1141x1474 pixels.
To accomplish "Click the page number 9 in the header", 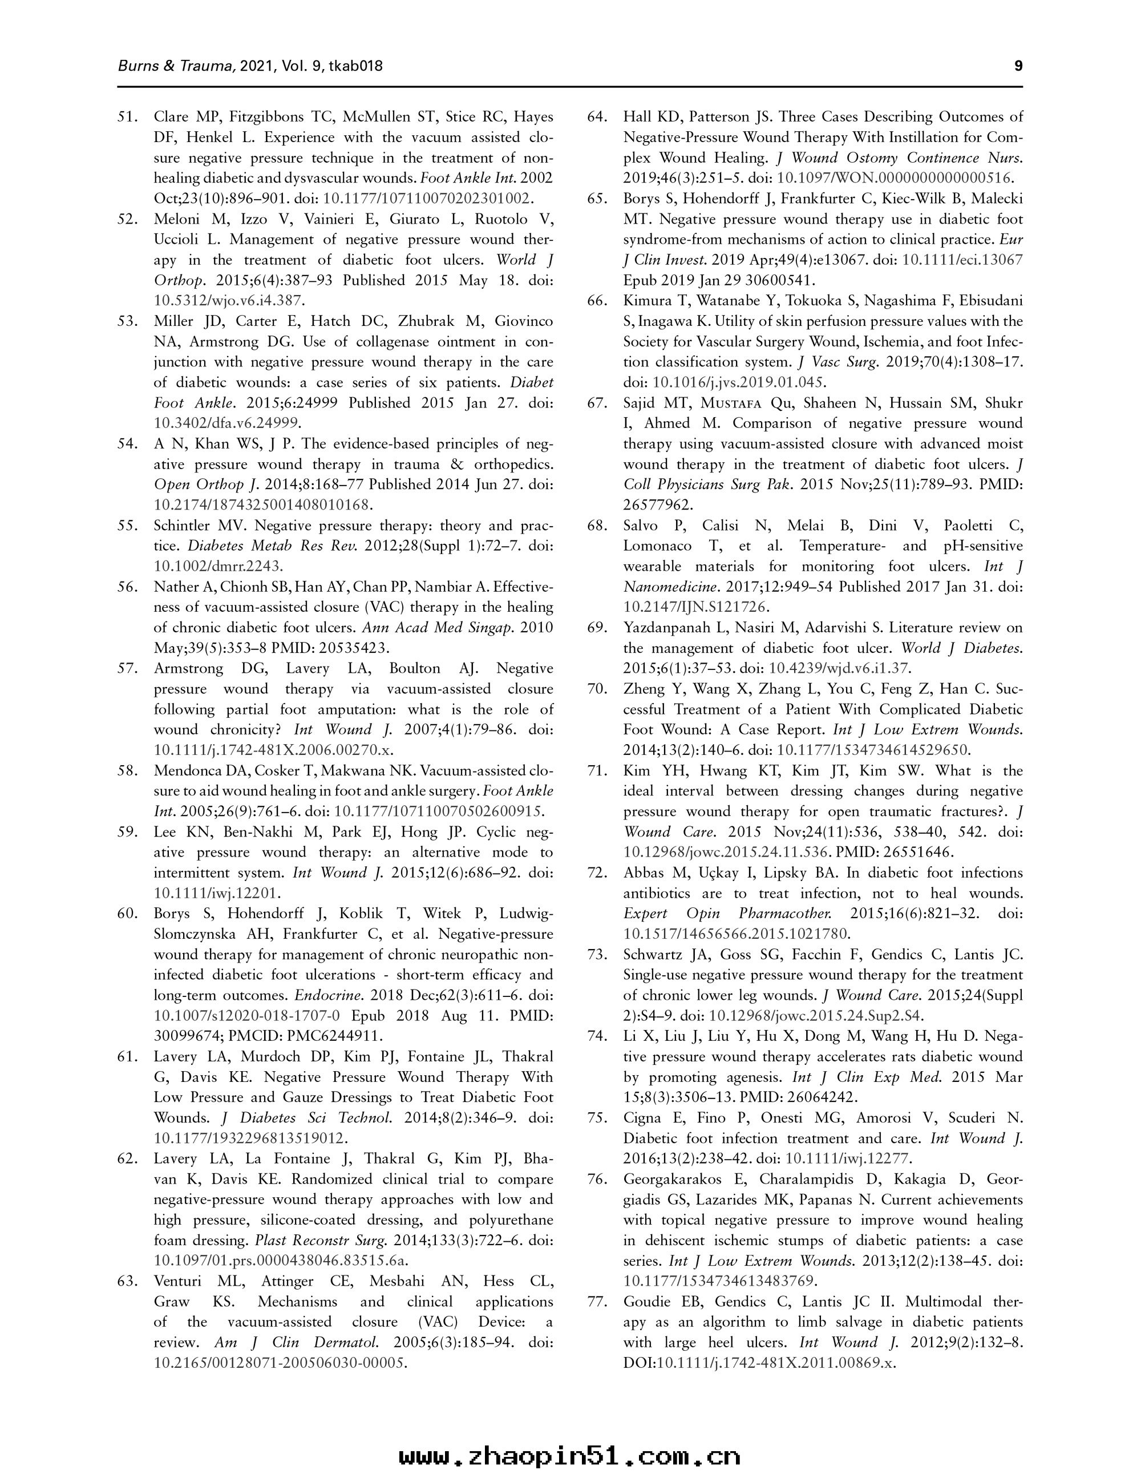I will [1018, 66].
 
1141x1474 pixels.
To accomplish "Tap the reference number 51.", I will [128, 117].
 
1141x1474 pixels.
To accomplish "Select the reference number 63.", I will [128, 1281].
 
